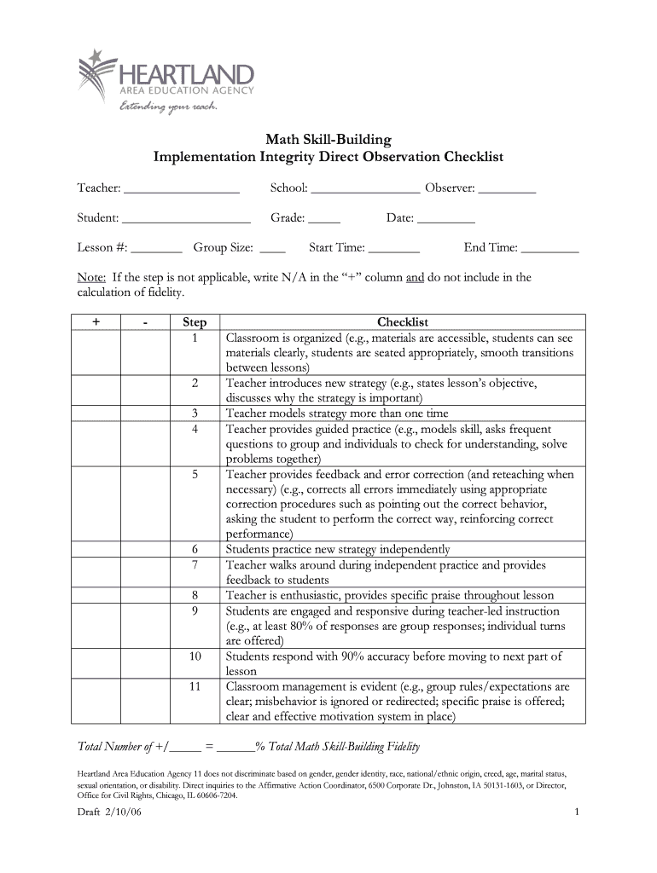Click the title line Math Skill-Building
328,138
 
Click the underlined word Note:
91,278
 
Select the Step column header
195,322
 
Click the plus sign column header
96,322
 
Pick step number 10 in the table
195,657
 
